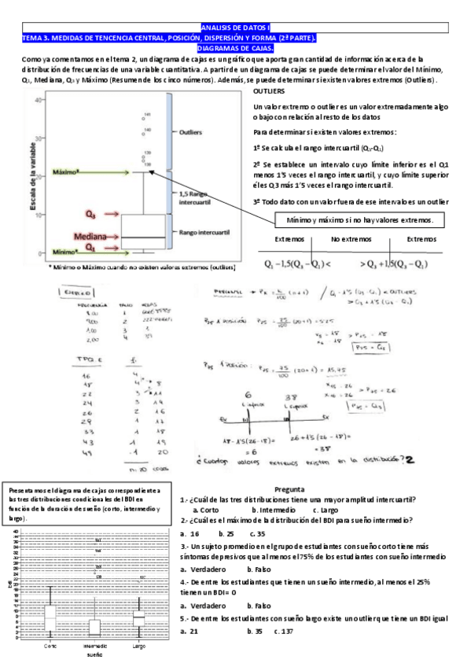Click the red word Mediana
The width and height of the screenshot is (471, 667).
point(90,235)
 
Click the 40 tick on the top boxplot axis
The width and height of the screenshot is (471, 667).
point(38,101)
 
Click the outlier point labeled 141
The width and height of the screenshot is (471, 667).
point(148,116)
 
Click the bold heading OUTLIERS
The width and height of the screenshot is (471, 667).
point(270,92)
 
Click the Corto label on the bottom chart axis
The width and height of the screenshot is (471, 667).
point(50,646)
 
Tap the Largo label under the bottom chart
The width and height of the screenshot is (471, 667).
point(138,646)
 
